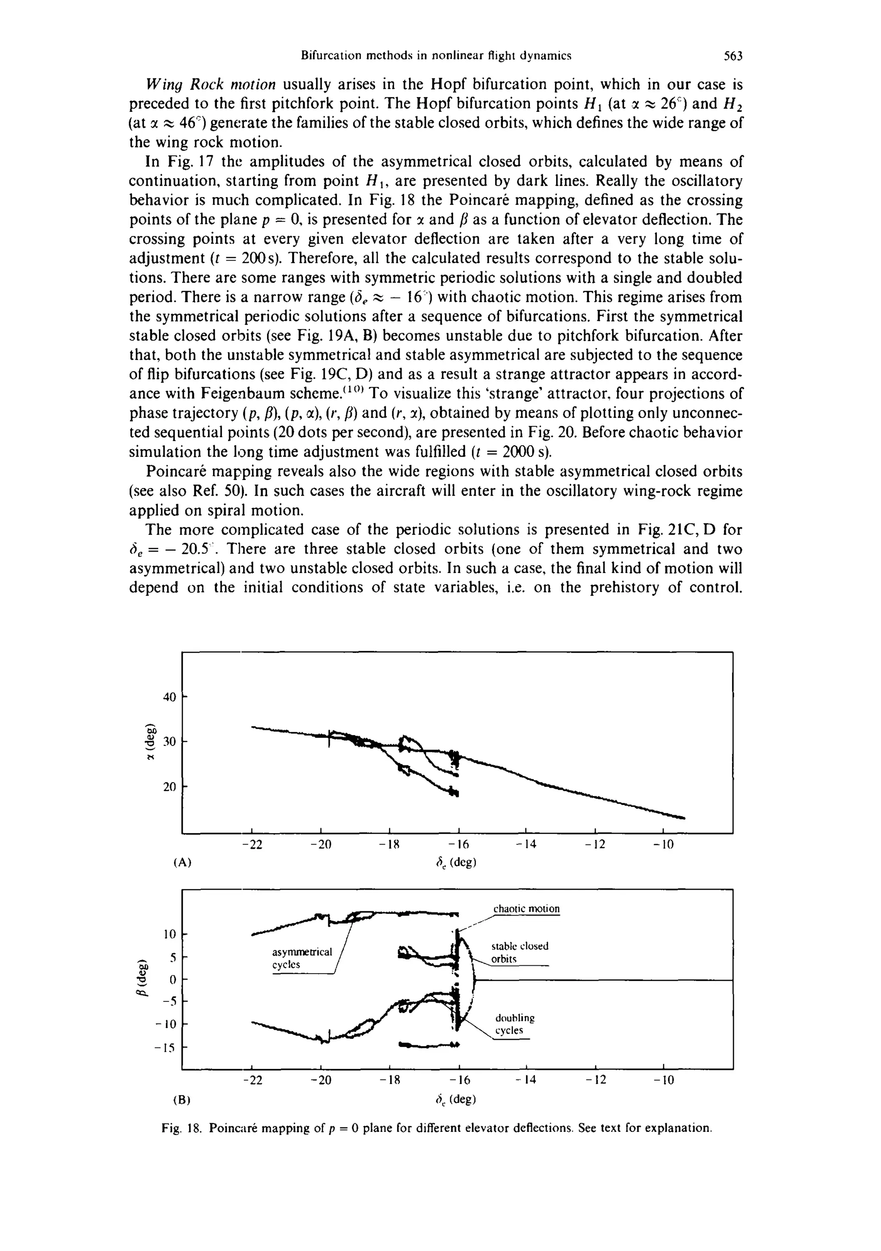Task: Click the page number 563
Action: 733,55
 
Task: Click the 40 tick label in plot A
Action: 169,696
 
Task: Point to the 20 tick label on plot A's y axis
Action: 169,787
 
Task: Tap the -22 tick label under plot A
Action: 251,844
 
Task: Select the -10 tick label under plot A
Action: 662,844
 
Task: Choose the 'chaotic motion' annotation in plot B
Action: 526,909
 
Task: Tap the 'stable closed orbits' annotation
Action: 519,952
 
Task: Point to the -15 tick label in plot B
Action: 166,1048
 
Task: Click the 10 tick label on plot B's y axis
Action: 169,934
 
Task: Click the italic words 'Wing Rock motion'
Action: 211,84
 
